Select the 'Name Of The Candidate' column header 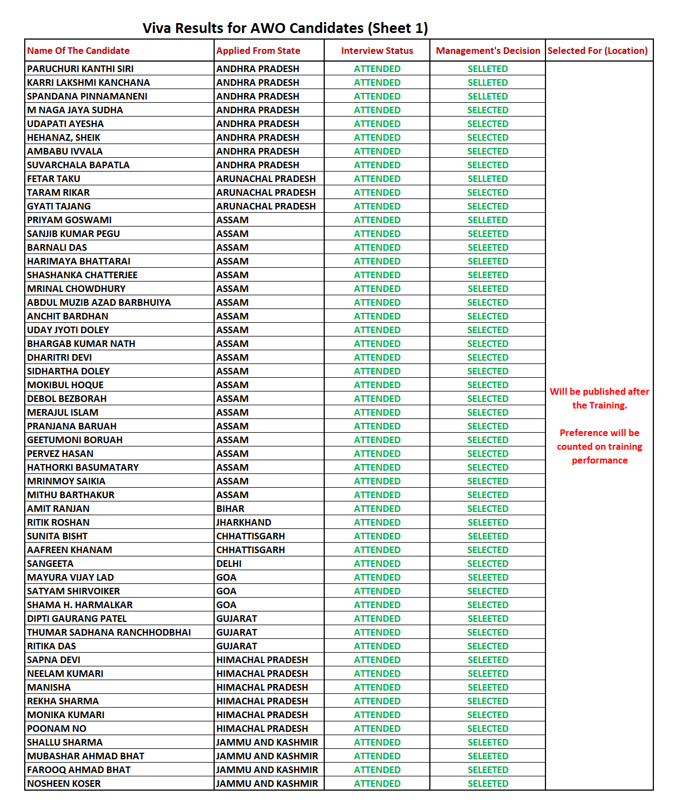78,51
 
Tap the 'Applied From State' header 258,51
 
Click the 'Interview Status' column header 377,51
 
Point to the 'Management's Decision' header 488,51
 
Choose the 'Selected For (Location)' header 597,51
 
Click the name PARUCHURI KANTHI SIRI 80,69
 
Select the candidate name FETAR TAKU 53,179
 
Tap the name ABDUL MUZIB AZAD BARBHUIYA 99,302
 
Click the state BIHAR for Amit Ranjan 230,509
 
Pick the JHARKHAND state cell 244,522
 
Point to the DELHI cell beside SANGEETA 229,564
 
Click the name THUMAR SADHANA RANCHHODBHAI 109,632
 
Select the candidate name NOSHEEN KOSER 64,784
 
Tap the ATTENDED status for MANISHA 377,687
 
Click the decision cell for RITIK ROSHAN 488,522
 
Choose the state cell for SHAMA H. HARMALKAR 226,605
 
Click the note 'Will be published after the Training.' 599,398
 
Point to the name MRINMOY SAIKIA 66,481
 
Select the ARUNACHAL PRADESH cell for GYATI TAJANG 266,206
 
